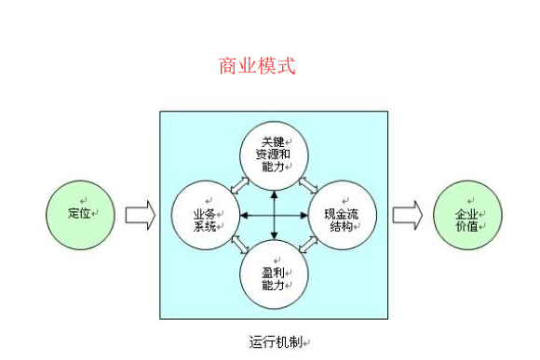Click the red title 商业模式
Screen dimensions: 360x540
[x=257, y=66]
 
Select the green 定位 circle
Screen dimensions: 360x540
[x=79, y=215]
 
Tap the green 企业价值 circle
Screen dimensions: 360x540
[x=467, y=216]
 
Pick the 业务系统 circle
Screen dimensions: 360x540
[x=207, y=216]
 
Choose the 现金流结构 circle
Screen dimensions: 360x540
[x=341, y=216]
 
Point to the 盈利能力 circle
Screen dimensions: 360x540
[x=274, y=277]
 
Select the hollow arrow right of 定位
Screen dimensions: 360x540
[x=140, y=215]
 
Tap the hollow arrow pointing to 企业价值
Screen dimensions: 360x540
[x=407, y=215]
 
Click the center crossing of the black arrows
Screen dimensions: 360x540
[x=274, y=216]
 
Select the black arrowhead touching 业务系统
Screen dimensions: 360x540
[x=244, y=216]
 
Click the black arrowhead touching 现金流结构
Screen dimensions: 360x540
[x=304, y=216]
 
